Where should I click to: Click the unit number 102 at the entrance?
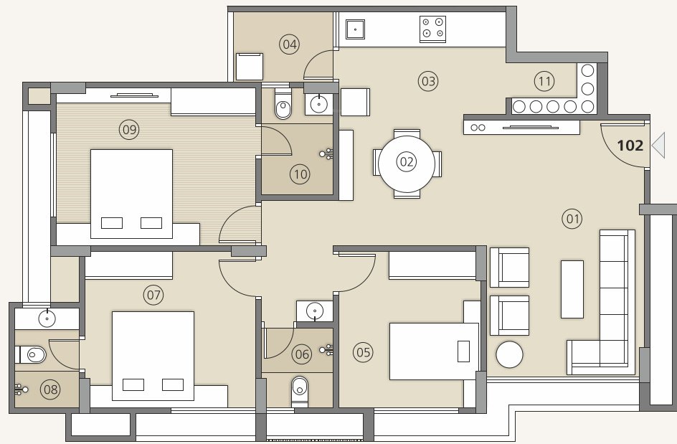630,146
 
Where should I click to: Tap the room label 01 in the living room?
572,219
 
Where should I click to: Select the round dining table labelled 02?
407,162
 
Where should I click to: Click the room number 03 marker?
428,81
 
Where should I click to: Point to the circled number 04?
290,45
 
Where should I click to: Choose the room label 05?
364,351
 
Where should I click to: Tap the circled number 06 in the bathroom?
302,353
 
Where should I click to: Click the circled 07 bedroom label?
153,294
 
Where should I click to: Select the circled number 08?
50,390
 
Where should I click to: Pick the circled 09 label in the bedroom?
130,130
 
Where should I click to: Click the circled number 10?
300,173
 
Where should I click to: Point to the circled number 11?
545,81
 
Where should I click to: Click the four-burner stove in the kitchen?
432,29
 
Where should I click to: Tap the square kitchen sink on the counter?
355,29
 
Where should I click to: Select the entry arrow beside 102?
658,146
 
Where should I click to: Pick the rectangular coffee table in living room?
572,288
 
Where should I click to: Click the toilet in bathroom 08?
32,354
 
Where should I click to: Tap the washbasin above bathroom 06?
314,311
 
